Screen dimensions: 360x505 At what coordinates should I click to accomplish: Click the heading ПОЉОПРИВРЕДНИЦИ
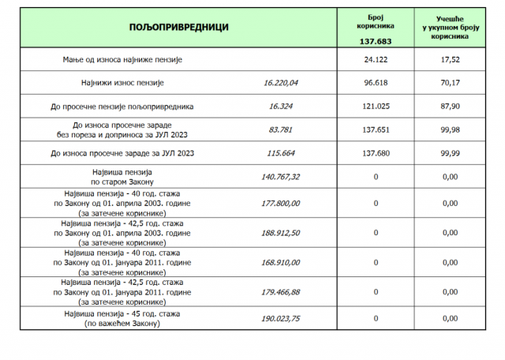[179, 27]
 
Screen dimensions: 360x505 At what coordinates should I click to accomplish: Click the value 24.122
[376, 60]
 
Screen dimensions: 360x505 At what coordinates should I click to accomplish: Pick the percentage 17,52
[451, 60]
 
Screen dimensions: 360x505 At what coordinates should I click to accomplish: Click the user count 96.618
[376, 82]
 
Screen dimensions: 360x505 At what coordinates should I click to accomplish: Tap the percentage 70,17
[451, 82]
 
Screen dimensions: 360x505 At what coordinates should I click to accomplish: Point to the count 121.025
[376, 105]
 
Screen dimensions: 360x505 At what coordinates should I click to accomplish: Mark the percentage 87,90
[451, 105]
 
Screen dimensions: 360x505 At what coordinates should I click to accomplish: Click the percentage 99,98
[451, 129]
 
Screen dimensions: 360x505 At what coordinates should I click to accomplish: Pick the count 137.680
[376, 153]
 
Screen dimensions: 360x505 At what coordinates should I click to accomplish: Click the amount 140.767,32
[280, 177]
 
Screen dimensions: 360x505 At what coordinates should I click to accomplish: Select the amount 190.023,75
[280, 319]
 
